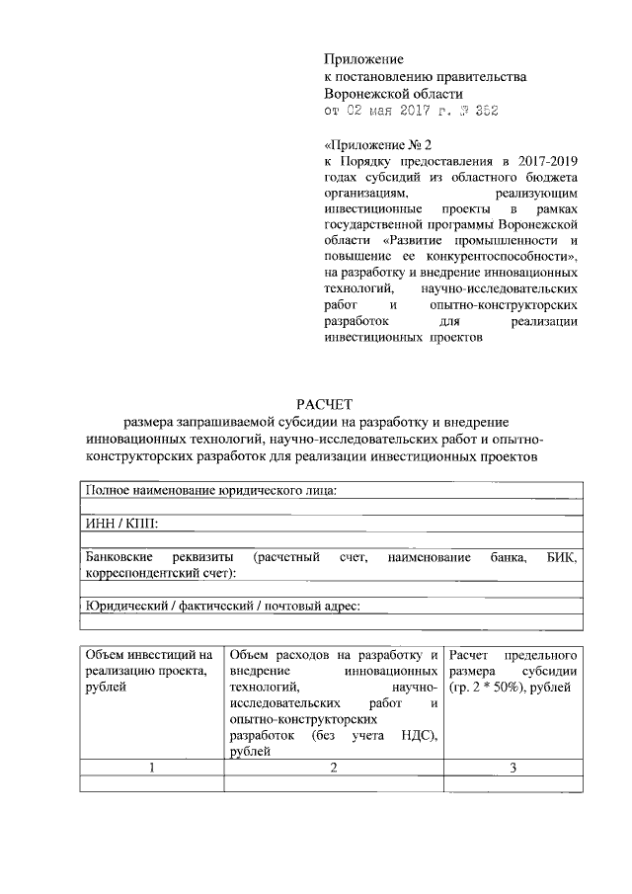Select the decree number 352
[484, 111]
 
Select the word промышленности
[506, 240]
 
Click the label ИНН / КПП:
[121, 524]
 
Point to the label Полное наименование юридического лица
[211, 491]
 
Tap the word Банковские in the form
[117, 557]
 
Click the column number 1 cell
[151, 769]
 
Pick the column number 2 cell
[334, 769]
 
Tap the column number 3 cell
[513, 769]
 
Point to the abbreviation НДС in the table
[413, 737]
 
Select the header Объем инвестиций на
[149, 655]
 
